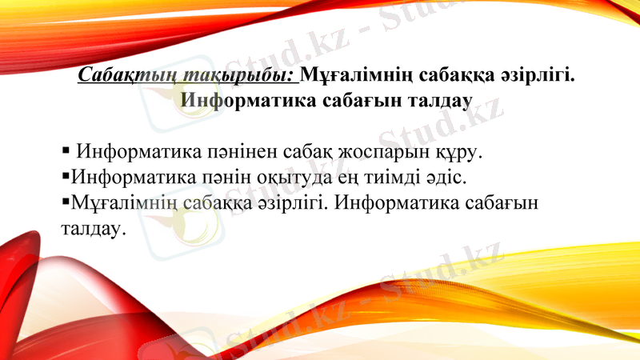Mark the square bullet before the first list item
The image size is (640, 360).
click(66, 150)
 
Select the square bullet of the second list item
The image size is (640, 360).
click(66, 174)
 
